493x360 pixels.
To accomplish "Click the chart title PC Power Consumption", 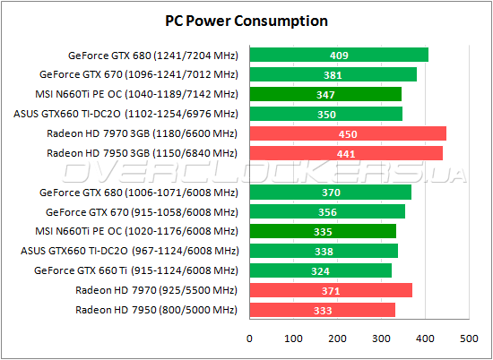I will [246, 21].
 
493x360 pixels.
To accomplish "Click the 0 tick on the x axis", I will [250, 338].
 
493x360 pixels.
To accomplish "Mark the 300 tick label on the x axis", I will [381, 338].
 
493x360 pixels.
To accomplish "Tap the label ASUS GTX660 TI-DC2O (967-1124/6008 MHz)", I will [130, 251].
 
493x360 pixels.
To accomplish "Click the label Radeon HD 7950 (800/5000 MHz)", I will [157, 310].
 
